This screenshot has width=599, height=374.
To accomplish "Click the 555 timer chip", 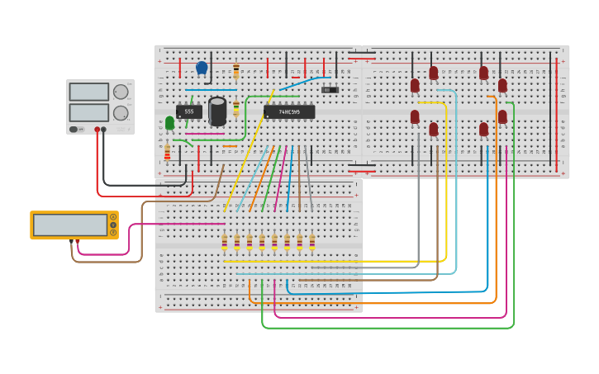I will (188, 111).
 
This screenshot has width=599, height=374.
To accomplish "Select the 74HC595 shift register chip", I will (289, 111).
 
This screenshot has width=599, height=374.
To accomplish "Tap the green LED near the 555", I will (169, 123).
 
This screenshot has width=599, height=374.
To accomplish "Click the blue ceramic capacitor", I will (202, 68).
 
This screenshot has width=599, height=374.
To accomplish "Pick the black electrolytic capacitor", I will (217, 110).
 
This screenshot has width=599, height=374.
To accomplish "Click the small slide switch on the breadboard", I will (330, 89).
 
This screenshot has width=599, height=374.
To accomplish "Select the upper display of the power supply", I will (88, 92).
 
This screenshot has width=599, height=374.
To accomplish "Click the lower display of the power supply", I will (88, 112).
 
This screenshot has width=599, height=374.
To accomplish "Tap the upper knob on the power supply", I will (121, 92).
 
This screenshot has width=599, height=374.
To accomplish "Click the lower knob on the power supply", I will (121, 112).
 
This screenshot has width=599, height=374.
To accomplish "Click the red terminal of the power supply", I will (97, 130).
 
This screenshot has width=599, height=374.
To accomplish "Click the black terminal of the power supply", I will (103, 130).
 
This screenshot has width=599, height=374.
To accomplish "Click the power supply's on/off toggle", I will (74, 129).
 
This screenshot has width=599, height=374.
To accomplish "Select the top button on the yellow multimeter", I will (112, 217).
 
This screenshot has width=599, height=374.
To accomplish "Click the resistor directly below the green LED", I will (167, 153).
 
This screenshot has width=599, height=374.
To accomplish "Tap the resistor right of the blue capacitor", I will (236, 71).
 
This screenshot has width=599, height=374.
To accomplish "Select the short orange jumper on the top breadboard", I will (230, 146).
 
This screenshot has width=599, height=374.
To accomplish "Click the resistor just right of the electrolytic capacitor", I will (236, 108).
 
